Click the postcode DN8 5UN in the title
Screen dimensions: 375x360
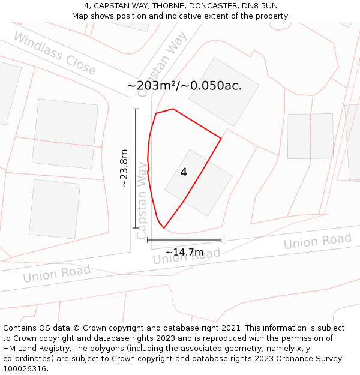click(261, 6)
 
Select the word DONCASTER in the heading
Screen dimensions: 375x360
click(207, 6)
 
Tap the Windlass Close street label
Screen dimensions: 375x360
click(54, 53)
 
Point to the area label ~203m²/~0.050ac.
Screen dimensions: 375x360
click(184, 85)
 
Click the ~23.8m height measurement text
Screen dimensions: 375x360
click(124, 168)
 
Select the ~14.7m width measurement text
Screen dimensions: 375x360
click(184, 252)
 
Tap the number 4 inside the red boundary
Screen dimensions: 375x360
click(184, 173)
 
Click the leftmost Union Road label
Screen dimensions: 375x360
click(56, 274)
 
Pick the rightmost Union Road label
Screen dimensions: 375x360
click(317, 241)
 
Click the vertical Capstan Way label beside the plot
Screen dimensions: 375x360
click(142, 201)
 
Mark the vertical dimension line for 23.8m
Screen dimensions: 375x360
click(136, 168)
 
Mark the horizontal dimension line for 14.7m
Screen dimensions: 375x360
click(184, 240)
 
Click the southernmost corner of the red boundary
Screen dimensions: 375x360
click(163, 229)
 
